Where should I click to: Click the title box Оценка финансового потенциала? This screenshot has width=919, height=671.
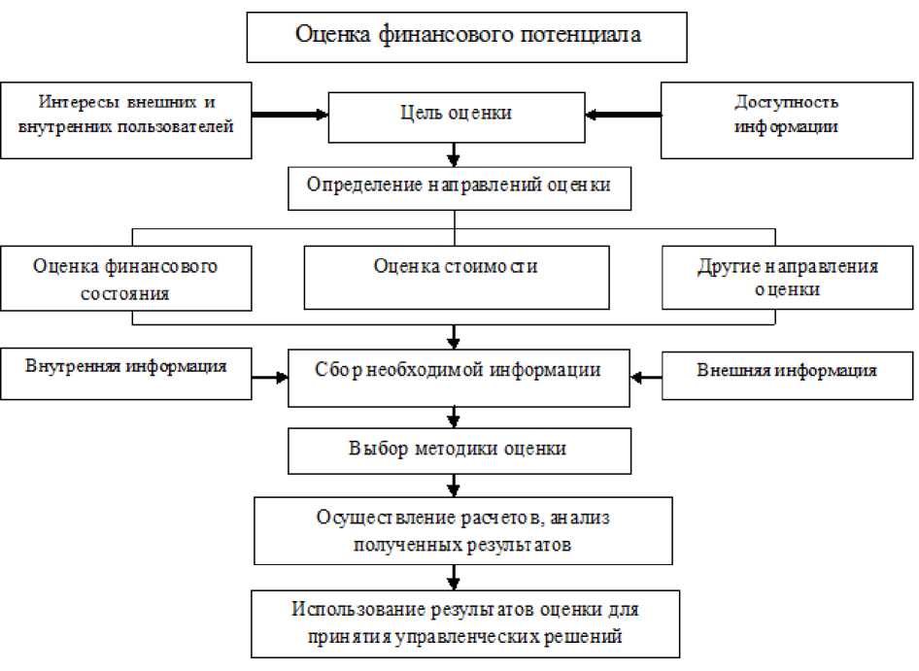pyautogui.click(x=467, y=37)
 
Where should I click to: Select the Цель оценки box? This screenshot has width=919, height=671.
pyautogui.click(x=456, y=116)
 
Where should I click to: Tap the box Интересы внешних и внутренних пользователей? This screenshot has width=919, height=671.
pyautogui.click(x=127, y=119)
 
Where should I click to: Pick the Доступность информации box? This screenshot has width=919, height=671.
pyautogui.click(x=787, y=119)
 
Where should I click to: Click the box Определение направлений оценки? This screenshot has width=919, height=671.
pyautogui.click(x=459, y=188)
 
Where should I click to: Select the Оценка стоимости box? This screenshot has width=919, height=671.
pyautogui.click(x=457, y=277)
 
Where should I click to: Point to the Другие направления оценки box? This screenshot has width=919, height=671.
pyautogui.click(x=787, y=280)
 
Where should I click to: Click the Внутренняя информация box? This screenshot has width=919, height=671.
pyautogui.click(x=127, y=373)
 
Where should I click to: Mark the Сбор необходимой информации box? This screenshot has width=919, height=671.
pyautogui.click(x=459, y=375)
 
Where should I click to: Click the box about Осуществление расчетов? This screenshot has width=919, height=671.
pyautogui.click(x=462, y=531)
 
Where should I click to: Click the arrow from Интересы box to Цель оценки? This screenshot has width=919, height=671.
pyautogui.click(x=291, y=115)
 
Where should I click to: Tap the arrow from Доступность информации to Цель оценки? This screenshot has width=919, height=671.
pyautogui.click(x=623, y=115)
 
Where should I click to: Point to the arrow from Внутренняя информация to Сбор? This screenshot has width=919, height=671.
pyautogui.click(x=271, y=375)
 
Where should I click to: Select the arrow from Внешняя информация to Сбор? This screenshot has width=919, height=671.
pyautogui.click(x=646, y=375)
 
